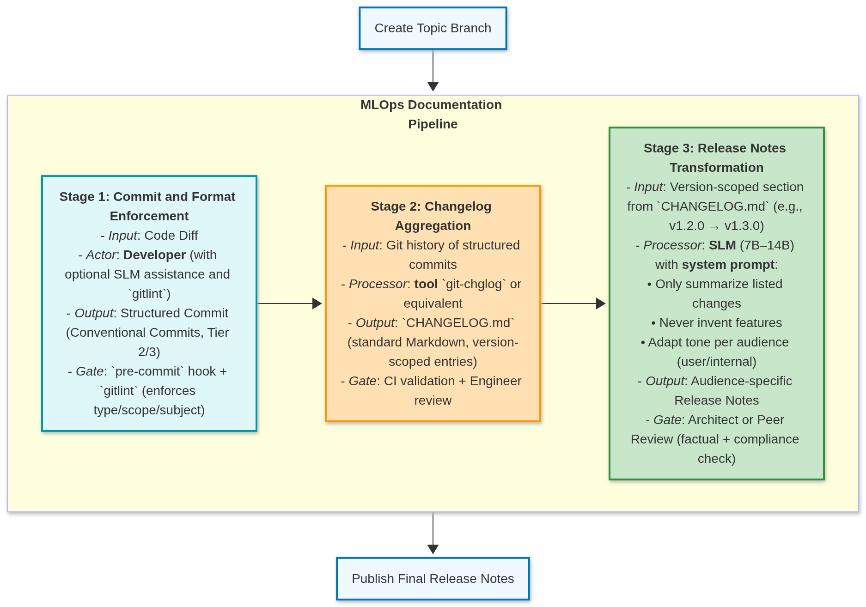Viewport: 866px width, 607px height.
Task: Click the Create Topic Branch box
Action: pyautogui.click(x=433, y=28)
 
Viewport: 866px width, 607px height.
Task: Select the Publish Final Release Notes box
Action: pyautogui.click(x=433, y=578)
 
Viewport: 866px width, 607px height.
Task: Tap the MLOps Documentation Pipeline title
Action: pyautogui.click(x=431, y=114)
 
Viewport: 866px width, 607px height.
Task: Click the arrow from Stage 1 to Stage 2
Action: pyautogui.click(x=289, y=303)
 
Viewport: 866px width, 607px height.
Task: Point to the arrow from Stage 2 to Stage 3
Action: pyautogui.click(x=573, y=303)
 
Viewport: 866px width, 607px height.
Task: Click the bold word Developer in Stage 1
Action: pyautogui.click(x=154, y=255)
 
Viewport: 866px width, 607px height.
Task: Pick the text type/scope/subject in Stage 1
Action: pyautogui.click(x=149, y=410)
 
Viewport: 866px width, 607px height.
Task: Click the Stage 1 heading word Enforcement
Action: pyautogui.click(x=149, y=216)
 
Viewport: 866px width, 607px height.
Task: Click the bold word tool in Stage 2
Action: pyautogui.click(x=426, y=284)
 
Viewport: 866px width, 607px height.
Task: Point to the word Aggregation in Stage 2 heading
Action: pyautogui.click(x=433, y=226)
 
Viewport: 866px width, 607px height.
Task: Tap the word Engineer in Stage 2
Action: pyautogui.click(x=495, y=381)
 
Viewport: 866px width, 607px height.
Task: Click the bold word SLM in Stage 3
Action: pyautogui.click(x=722, y=245)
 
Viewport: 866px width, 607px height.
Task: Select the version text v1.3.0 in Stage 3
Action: pyautogui.click(x=744, y=226)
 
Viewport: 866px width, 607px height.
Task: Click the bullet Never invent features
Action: pyautogui.click(x=717, y=323)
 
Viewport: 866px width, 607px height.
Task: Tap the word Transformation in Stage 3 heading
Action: pyautogui.click(x=716, y=168)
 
